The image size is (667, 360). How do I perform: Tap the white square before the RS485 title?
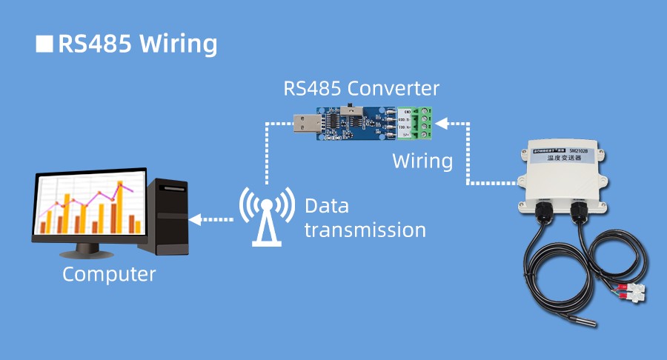pyautogui.click(x=44, y=43)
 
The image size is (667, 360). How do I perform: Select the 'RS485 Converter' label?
pyautogui.click(x=361, y=90)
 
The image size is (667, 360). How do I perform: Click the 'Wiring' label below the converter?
pyautogui.click(x=422, y=161)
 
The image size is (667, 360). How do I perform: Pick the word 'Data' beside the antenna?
pyautogui.click(x=326, y=205)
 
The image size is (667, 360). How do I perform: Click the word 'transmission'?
pyautogui.click(x=365, y=230)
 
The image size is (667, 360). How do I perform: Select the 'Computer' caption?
pyautogui.click(x=109, y=274)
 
